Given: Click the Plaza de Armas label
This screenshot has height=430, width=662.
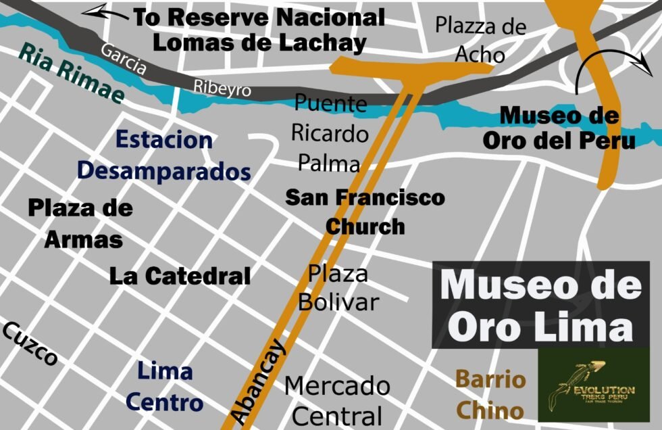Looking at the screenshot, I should pyautogui.click(x=81, y=223).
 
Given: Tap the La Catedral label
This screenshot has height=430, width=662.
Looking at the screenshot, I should pyautogui.click(x=180, y=276).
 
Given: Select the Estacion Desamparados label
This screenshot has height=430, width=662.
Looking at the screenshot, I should pyautogui.click(x=163, y=156).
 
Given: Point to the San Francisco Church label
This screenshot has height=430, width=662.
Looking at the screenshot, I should pyautogui.click(x=365, y=211).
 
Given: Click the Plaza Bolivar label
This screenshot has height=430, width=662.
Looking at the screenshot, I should pyautogui.click(x=338, y=287).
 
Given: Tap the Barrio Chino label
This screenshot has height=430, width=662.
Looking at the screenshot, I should pyautogui.click(x=490, y=394).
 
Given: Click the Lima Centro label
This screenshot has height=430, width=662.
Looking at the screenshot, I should pyautogui.click(x=165, y=387).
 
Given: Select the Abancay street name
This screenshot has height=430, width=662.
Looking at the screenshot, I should pyautogui.click(x=259, y=383).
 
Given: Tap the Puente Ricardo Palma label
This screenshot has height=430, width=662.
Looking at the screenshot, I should pyautogui.click(x=330, y=133).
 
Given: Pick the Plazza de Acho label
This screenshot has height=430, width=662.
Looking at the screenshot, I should pyautogui.click(x=480, y=40).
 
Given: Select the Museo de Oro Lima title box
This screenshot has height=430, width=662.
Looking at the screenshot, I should pyautogui.click(x=540, y=305).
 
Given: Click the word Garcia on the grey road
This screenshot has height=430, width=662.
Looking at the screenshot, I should pyautogui.click(x=123, y=59).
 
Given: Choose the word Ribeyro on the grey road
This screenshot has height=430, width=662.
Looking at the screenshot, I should pyautogui.click(x=222, y=87).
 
